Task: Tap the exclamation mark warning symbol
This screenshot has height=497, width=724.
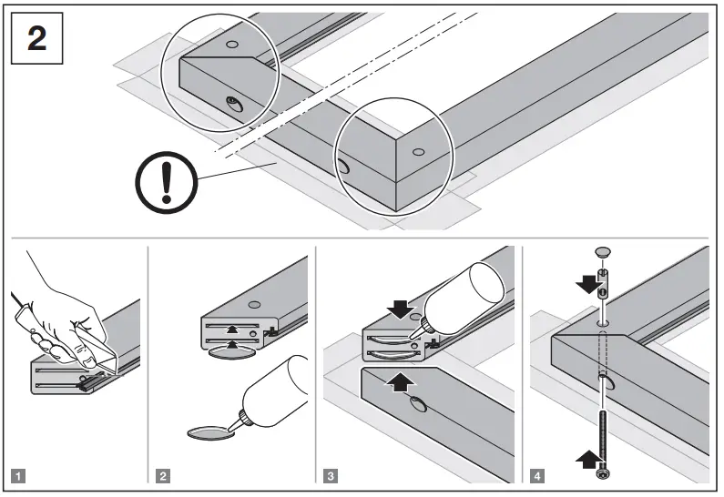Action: point(166,183)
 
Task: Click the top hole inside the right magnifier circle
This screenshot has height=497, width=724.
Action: point(417,152)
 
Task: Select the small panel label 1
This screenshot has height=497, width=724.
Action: point(19,474)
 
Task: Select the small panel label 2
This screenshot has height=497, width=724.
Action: point(162,474)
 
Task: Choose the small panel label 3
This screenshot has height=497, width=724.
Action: point(331,474)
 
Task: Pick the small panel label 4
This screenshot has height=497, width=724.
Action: point(536,474)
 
